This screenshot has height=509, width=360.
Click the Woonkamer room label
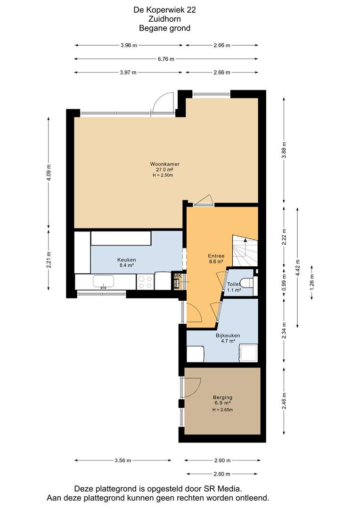click(x=164, y=164)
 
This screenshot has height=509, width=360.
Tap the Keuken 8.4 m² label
click(x=126, y=263)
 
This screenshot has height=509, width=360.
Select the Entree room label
click(x=216, y=256)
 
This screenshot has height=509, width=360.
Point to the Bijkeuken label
click(x=228, y=336)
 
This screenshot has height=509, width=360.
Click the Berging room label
click(x=222, y=397)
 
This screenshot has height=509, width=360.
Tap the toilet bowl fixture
click(x=247, y=283)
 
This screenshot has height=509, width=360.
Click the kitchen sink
click(x=103, y=281)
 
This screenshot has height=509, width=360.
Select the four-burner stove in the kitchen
click(x=145, y=282)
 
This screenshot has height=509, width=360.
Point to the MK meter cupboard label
click(x=177, y=276)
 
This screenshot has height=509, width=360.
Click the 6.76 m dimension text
click(x=166, y=59)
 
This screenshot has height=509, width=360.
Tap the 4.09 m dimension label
click(x=49, y=172)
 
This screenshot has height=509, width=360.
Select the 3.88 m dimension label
click(x=284, y=150)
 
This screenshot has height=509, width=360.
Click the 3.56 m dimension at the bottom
click(x=123, y=460)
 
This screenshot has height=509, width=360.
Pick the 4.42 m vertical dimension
click(x=298, y=267)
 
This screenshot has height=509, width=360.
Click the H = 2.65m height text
click(x=222, y=410)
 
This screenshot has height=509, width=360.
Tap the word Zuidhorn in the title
click(x=164, y=19)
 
